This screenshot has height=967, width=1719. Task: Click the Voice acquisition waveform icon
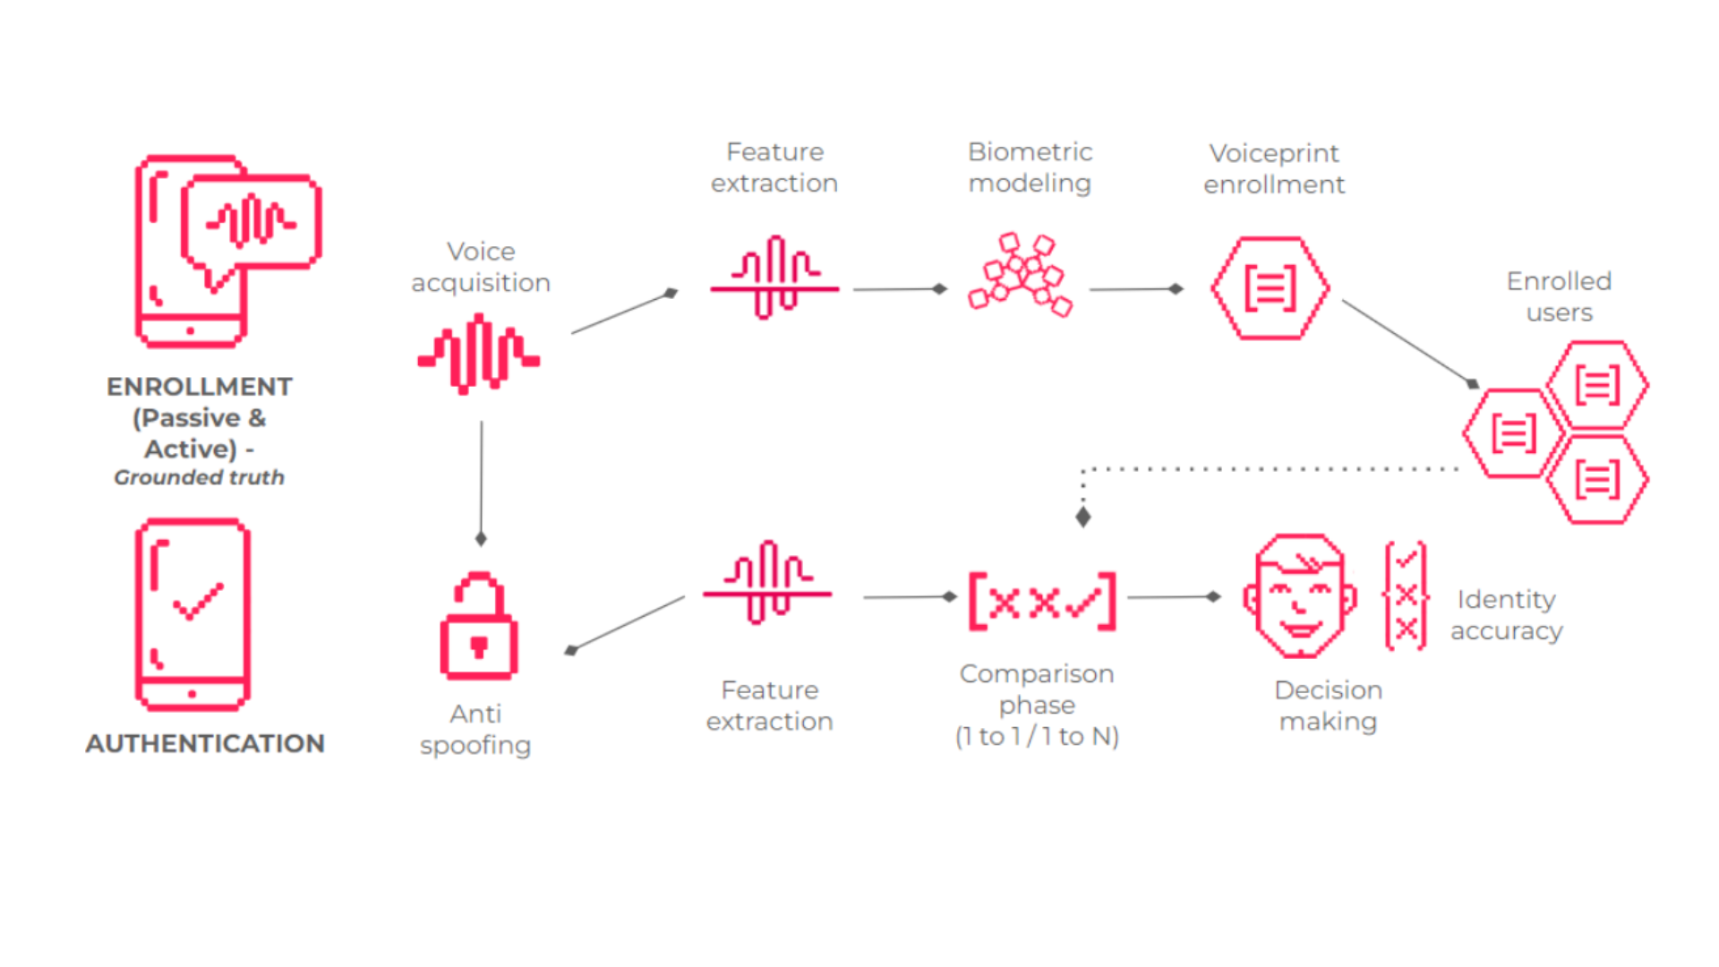[479, 355]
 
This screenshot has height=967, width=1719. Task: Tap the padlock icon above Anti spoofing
[479, 626]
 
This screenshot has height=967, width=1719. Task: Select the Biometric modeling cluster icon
[1021, 275]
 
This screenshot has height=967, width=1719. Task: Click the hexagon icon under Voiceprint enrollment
[1270, 288]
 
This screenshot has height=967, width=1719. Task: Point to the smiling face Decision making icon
[1300, 596]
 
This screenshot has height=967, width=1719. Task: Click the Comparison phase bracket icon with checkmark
[1042, 602]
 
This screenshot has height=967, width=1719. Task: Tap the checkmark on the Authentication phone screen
[198, 602]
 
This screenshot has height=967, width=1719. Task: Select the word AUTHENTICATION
[205, 743]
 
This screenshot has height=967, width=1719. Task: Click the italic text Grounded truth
[199, 477]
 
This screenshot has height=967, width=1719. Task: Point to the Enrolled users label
[1559, 296]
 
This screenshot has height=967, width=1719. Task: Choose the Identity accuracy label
[1506, 614]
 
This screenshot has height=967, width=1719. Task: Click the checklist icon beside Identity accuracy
[1406, 596]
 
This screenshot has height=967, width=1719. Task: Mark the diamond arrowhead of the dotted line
[1083, 517]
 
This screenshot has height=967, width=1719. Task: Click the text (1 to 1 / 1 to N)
[1037, 736]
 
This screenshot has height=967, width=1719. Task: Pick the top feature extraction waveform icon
[774, 278]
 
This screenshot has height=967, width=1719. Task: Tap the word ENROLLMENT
[199, 387]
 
